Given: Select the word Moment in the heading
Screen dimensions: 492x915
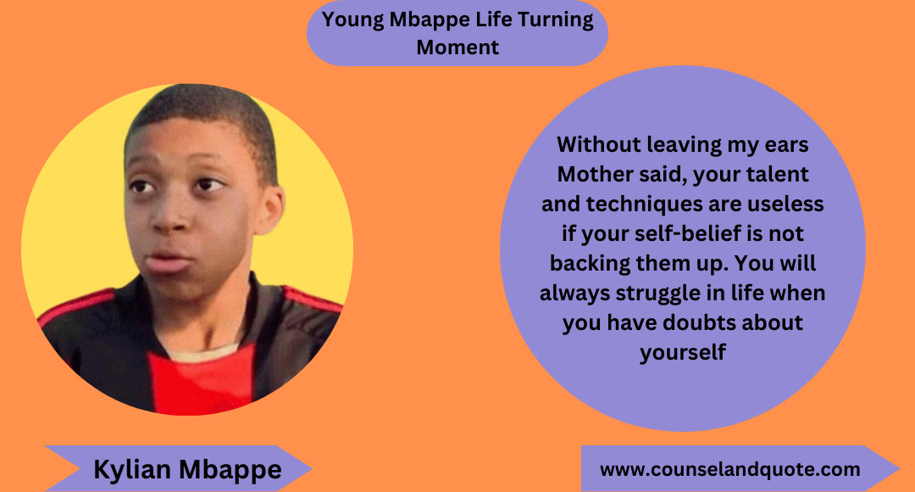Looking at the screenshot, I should point(457,47).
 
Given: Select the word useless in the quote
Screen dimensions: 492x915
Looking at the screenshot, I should point(786,205).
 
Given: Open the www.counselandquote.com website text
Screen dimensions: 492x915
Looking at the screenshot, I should point(729,469).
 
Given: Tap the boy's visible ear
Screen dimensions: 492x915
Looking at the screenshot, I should point(272,209).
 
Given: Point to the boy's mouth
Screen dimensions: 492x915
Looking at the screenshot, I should point(169,260).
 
